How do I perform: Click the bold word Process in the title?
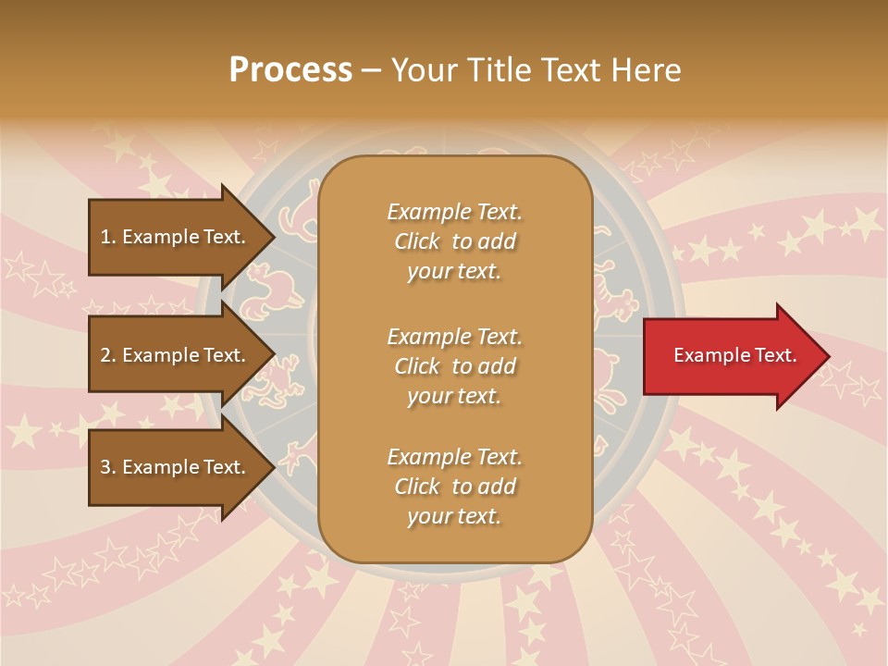click(x=290, y=70)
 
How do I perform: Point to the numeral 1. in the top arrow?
click(x=108, y=237)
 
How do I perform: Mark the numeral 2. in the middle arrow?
click(x=108, y=355)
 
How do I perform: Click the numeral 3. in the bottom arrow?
click(x=108, y=467)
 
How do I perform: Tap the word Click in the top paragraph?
click(x=417, y=242)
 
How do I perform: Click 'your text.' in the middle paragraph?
click(x=454, y=397)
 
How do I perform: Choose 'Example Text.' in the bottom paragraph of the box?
click(x=454, y=457)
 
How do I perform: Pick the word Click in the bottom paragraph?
click(x=417, y=487)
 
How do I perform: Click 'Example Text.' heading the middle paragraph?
click(x=454, y=337)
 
